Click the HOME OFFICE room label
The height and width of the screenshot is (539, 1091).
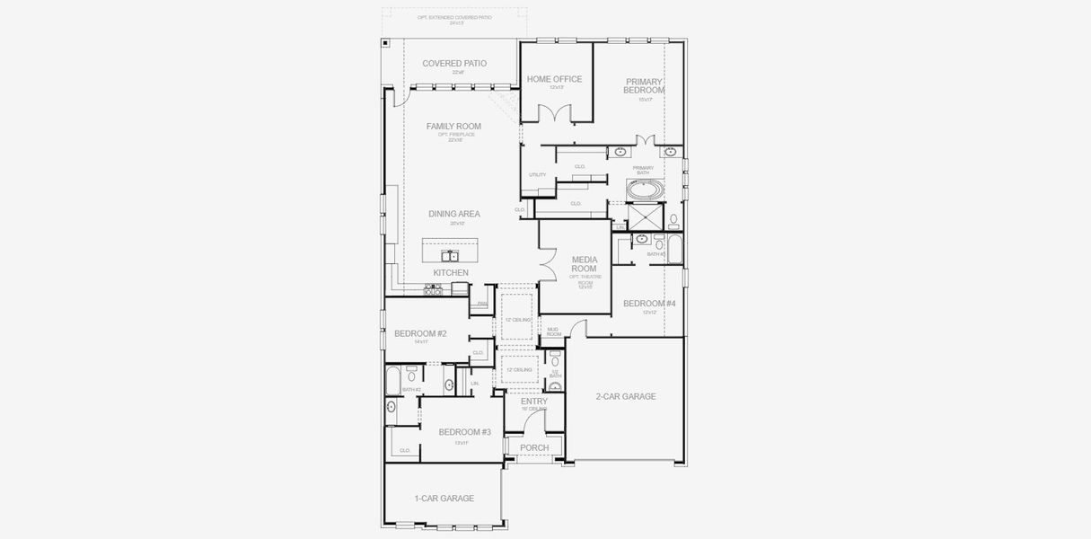[554, 79]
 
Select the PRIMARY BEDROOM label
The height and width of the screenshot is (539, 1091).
[645, 86]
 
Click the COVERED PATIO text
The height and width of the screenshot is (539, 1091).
[454, 64]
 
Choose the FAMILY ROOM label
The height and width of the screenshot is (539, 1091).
[453, 127]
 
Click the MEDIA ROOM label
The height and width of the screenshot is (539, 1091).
[584, 264]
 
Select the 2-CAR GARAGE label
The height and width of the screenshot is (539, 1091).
[626, 396]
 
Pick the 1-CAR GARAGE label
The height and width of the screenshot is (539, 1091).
[444, 499]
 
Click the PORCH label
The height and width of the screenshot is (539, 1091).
[534, 448]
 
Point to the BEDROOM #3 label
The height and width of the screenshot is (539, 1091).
[464, 432]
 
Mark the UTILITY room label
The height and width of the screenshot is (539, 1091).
[537, 175]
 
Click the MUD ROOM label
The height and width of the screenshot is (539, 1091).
[553, 331]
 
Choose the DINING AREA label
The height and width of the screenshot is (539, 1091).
[453, 214]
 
